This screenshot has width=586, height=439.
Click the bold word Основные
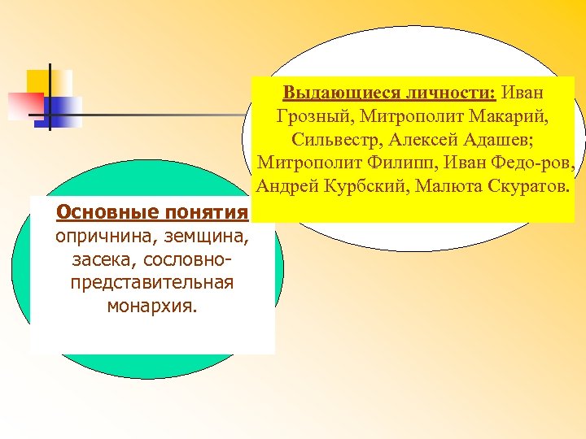pos(105,213)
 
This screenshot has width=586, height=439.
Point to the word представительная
pos(152,283)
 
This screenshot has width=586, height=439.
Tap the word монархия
pos(152,306)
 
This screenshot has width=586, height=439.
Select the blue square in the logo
pos(63,111)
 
